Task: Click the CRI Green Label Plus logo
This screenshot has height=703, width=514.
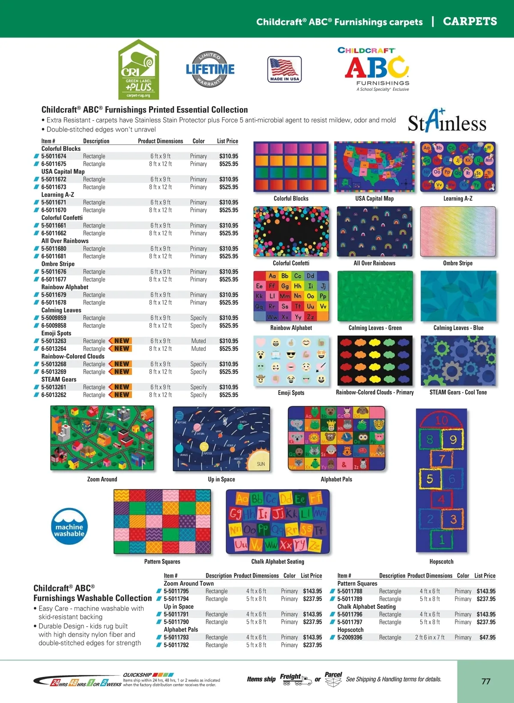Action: [x=138, y=70]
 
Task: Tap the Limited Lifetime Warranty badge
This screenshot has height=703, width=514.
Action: [x=210, y=69]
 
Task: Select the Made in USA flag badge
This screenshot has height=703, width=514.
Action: [x=284, y=69]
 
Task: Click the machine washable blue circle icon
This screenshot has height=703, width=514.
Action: [x=69, y=527]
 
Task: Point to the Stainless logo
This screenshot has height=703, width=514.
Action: [x=447, y=122]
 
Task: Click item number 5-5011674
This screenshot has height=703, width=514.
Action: [x=54, y=156]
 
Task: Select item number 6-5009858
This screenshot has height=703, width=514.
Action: [x=54, y=326]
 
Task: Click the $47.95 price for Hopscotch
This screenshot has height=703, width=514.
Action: [x=487, y=637]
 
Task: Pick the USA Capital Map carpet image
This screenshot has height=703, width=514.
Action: [x=374, y=167]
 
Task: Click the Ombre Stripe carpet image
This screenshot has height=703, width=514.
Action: [x=458, y=232]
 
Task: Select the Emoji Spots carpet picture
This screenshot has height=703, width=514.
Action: [x=291, y=361]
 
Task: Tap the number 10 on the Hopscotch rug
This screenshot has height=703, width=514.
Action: [x=441, y=420]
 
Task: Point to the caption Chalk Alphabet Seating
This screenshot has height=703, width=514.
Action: [x=278, y=562]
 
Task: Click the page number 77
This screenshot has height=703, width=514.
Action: [x=486, y=681]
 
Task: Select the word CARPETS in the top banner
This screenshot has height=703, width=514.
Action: [x=470, y=21]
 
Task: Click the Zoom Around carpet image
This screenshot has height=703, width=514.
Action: [x=102, y=438]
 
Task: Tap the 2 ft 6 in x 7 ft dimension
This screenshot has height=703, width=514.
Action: [x=430, y=637]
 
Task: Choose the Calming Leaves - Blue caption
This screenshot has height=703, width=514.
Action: [x=458, y=328]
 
